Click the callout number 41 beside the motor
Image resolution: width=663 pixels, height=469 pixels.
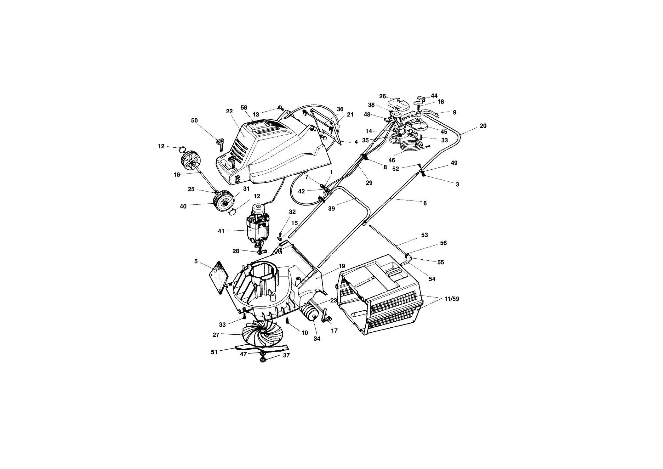point(221,231)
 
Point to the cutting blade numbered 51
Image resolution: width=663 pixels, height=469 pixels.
point(261,347)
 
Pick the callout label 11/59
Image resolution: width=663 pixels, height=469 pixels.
point(452,299)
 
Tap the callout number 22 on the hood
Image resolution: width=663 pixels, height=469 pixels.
point(229,111)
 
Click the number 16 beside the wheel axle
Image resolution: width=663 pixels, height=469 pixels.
point(177,175)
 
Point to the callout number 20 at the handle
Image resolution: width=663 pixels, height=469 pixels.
point(483,126)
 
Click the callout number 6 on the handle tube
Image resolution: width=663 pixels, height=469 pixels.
point(425,203)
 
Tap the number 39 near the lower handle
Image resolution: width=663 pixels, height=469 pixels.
point(331,208)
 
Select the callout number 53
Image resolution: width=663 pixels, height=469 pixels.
point(424,235)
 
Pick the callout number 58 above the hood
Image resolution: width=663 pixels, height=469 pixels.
point(244,108)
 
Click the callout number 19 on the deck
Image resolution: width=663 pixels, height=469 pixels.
point(342,266)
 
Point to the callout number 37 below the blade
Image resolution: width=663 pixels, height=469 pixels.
point(286,355)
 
